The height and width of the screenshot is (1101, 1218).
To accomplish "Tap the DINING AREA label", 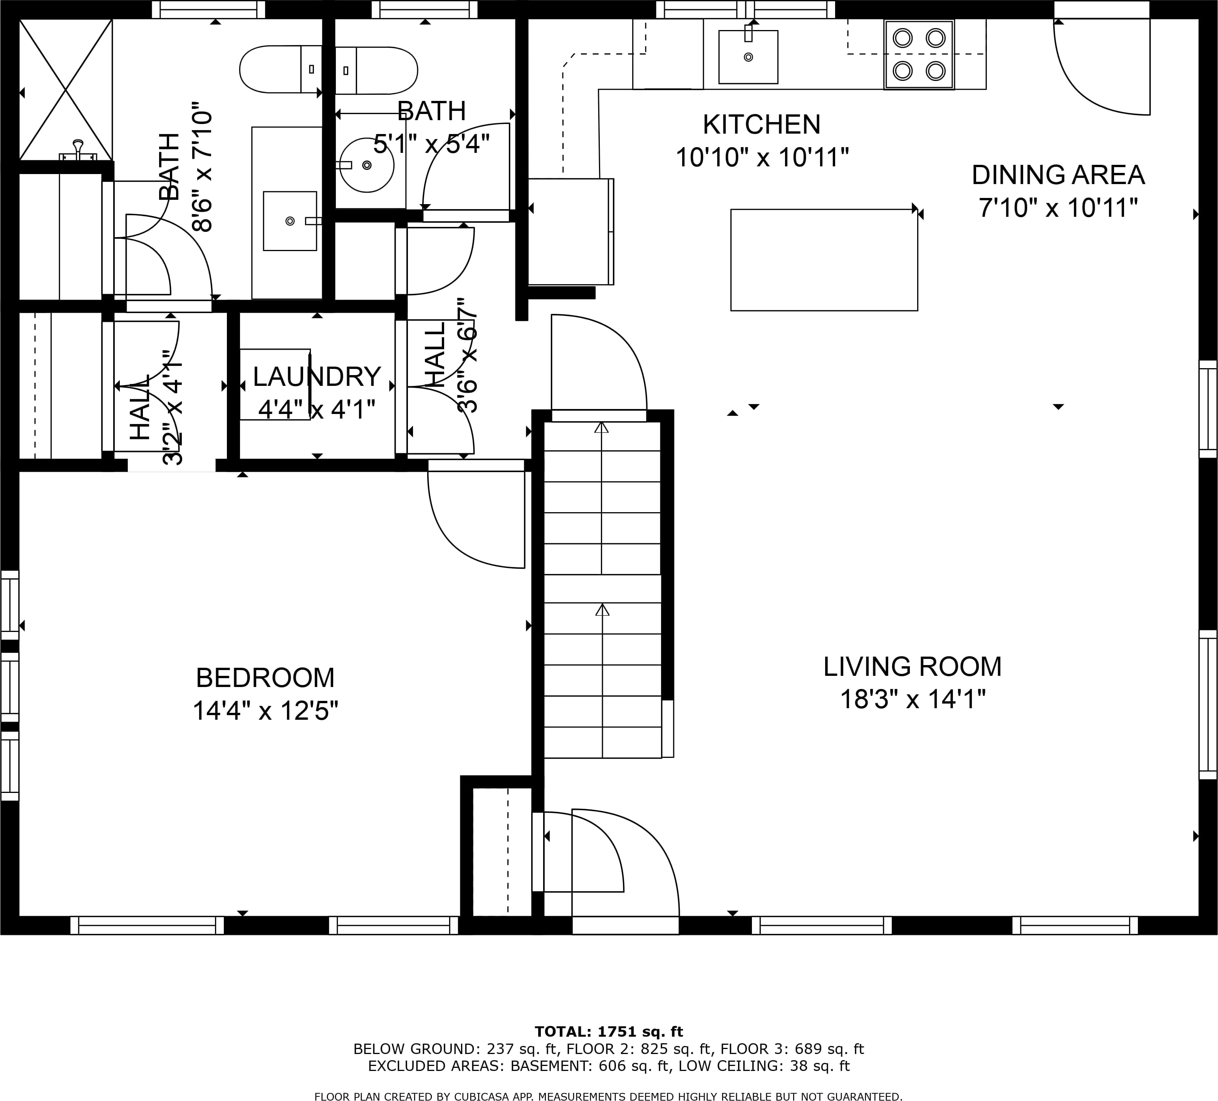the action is point(1058,175).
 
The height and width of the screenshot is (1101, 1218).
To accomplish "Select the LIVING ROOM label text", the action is point(912,667).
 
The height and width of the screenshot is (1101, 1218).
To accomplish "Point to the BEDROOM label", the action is point(265,678).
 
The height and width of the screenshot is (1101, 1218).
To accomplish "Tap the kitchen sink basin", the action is point(748,57).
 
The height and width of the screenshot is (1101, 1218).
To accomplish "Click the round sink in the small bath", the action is point(367,165).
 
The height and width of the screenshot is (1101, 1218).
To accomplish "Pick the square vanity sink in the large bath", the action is point(290,221).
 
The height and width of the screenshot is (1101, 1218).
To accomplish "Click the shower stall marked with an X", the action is point(66,89).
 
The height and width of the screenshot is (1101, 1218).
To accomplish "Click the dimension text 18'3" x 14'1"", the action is point(912,699).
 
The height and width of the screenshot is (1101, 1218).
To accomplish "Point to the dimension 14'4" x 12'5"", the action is point(265,711).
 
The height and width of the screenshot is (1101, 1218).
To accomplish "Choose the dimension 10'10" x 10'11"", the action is point(762,158).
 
